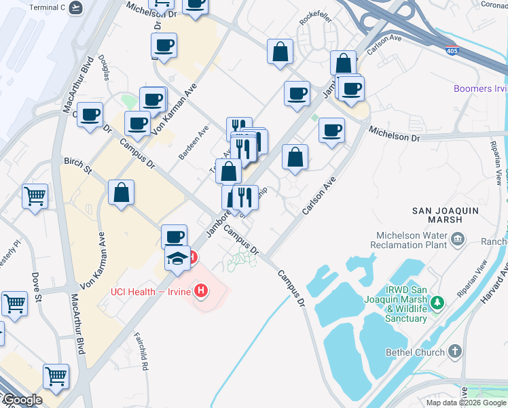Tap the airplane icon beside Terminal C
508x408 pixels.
(x=77, y=9)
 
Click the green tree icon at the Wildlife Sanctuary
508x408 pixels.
(x=439, y=301)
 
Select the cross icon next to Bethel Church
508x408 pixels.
(x=454, y=352)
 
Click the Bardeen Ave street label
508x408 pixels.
(x=194, y=141)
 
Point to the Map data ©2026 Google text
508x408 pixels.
(x=466, y=403)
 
